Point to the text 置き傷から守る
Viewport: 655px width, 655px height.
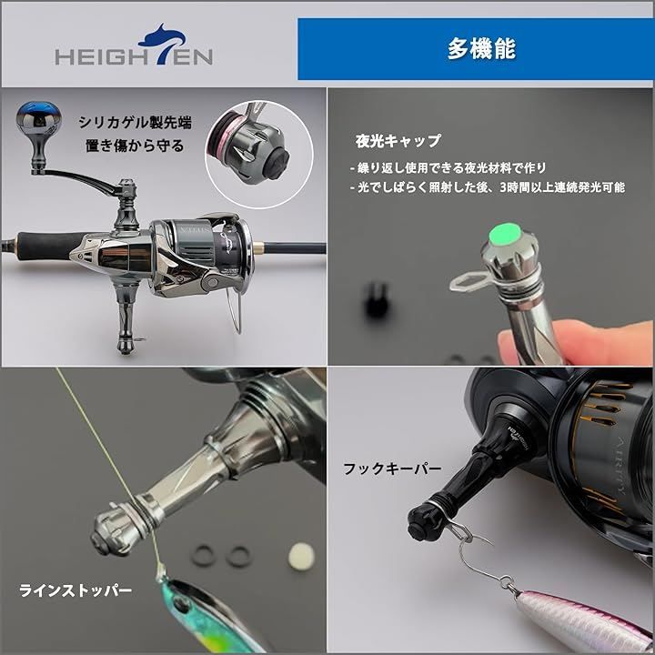tap(134, 145)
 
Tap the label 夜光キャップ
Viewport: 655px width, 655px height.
tap(398, 141)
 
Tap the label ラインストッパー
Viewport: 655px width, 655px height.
tap(76, 590)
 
